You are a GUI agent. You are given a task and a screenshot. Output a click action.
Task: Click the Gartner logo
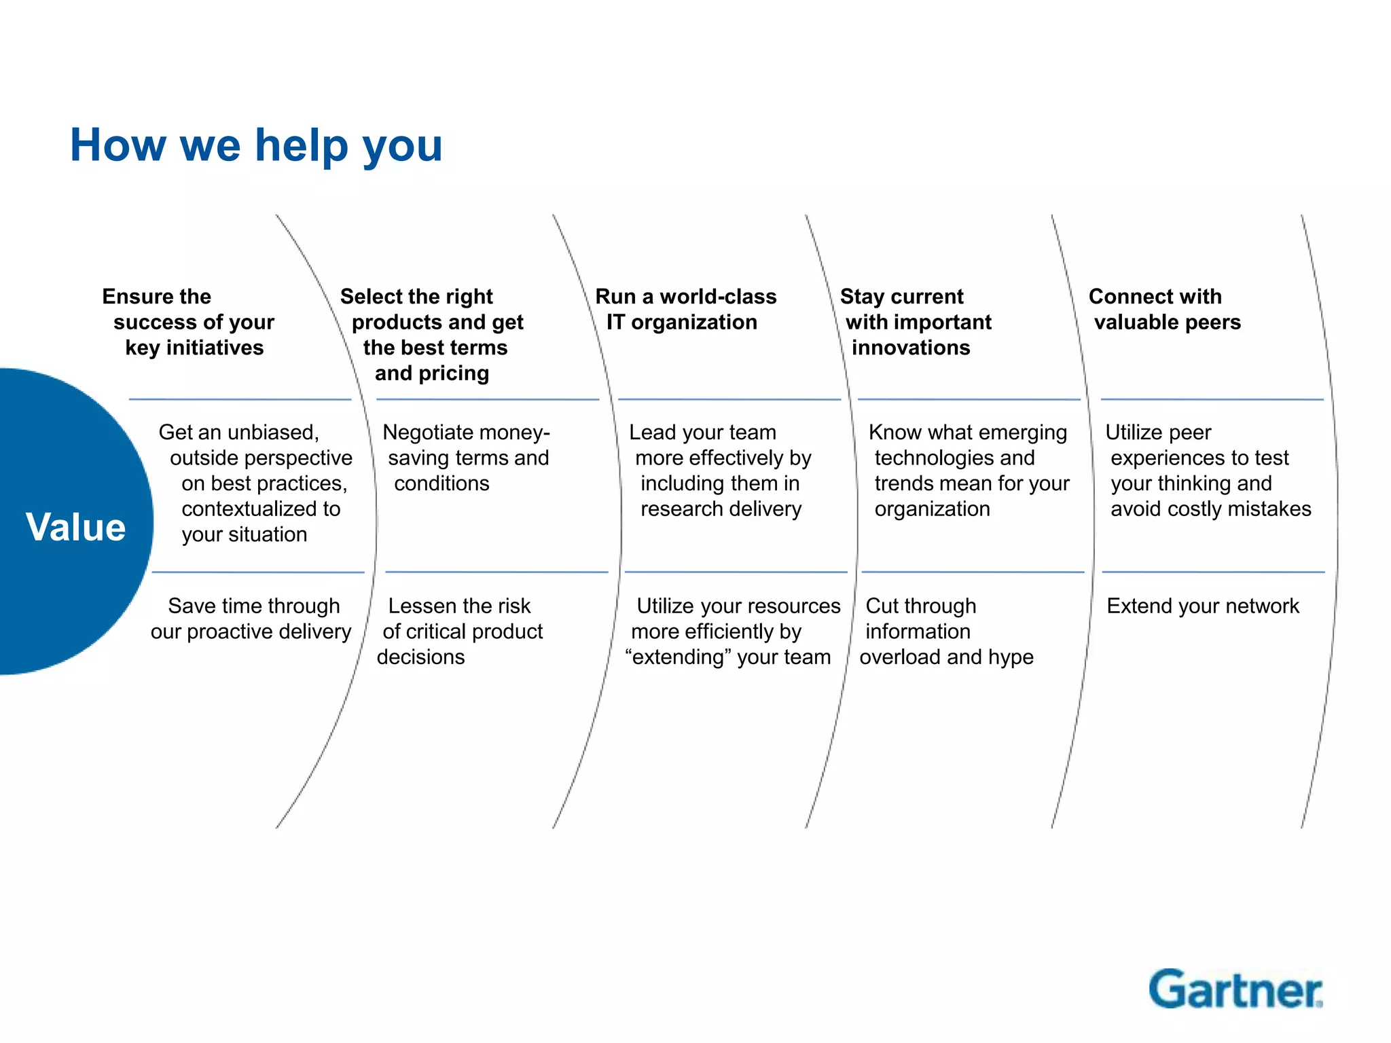pyautogui.click(x=1235, y=989)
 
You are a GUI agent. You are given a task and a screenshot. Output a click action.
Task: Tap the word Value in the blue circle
pyautogui.click(x=76, y=527)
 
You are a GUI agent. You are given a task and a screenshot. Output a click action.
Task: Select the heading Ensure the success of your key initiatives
pyautogui.click(x=189, y=322)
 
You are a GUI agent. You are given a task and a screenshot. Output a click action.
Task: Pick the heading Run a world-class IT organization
pyautogui.click(x=685, y=309)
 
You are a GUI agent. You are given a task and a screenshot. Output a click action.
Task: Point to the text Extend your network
pyautogui.click(x=1202, y=606)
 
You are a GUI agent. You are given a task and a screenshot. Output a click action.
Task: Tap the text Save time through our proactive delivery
pyautogui.click(x=251, y=619)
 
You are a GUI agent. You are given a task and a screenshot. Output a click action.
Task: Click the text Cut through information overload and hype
pyautogui.click(x=945, y=632)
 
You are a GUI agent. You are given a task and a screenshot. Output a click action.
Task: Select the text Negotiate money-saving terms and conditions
pyautogui.click(x=466, y=458)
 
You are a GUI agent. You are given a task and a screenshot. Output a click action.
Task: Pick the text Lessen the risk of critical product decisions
pyautogui.click(x=460, y=632)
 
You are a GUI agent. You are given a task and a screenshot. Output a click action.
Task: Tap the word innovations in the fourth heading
pyautogui.click(x=911, y=348)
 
